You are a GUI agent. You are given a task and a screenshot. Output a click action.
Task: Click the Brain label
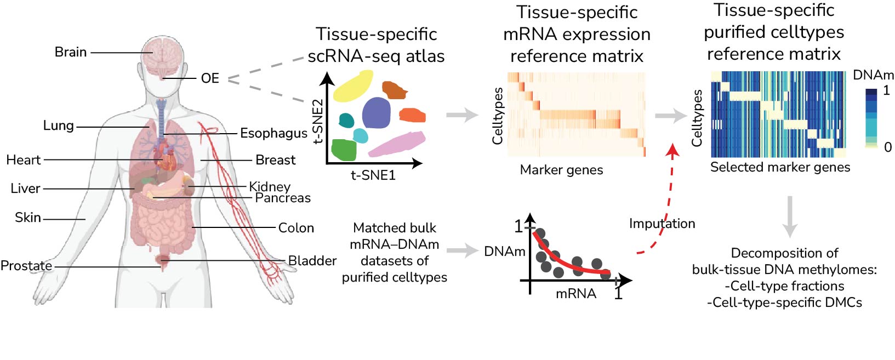pyautogui.click(x=71, y=52)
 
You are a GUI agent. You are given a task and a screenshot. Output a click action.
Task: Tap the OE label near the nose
pyautogui.click(x=210, y=78)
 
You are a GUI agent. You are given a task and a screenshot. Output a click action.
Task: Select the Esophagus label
pyautogui.click(x=273, y=133)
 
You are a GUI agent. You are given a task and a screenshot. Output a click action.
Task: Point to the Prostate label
pyautogui.click(x=26, y=266)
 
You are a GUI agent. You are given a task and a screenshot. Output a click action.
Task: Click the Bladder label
pyautogui.click(x=312, y=261)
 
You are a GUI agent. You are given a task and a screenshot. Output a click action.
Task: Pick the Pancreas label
pyautogui.click(x=283, y=198)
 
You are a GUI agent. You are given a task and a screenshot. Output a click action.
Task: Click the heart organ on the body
pyautogui.click(x=164, y=159)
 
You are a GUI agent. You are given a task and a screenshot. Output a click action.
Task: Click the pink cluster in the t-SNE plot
pyautogui.click(x=396, y=144)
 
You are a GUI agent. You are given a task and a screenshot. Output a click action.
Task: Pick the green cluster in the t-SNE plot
pyautogui.click(x=344, y=150)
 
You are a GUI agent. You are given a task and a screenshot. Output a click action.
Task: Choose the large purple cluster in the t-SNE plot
pyautogui.click(x=376, y=113)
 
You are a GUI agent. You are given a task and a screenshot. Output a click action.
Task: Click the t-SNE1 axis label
pyautogui.click(x=373, y=175)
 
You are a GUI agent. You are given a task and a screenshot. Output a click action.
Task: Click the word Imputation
pyautogui.click(x=662, y=224)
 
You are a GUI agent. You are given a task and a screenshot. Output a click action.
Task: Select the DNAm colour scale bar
pyautogui.click(x=871, y=118)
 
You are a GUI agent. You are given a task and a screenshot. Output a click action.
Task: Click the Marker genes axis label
pyautogui.click(x=561, y=170)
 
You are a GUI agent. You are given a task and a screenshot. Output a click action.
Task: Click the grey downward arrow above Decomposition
pyautogui.click(x=789, y=216)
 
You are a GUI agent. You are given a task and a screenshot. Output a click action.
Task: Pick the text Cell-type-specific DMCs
pyautogui.click(x=784, y=302)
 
